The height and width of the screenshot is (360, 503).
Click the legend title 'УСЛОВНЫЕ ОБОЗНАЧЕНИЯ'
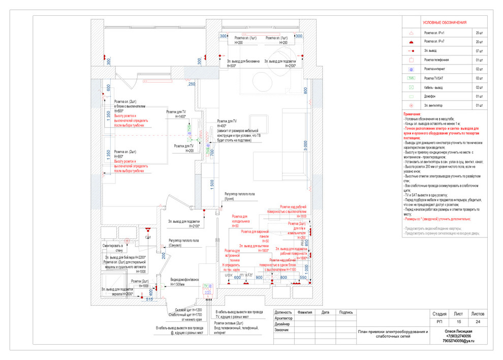[x=445, y=23]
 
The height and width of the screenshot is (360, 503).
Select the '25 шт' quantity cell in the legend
[x=479, y=32]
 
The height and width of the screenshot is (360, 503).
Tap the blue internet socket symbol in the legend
[x=411, y=69]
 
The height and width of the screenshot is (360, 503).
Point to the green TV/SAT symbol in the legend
[x=411, y=78]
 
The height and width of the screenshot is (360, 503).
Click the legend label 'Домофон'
[x=433, y=96]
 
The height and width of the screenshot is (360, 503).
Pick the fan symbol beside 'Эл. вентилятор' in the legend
[x=411, y=105]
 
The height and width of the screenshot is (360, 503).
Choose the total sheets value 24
[x=478, y=321]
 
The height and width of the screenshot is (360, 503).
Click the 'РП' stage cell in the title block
[x=439, y=321]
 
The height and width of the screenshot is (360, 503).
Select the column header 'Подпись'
[x=345, y=312]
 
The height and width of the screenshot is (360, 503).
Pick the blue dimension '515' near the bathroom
[x=149, y=300]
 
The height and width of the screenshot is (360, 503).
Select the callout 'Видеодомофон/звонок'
[x=185, y=280]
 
